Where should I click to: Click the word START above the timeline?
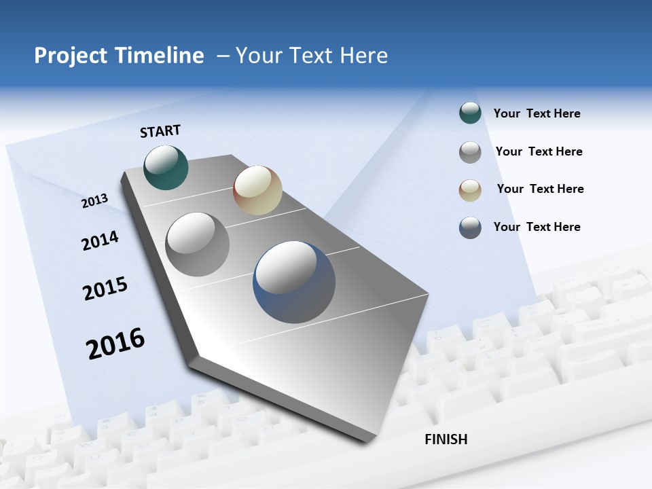coord(160,131)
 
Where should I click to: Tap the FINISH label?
coord(446,439)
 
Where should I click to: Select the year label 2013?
coord(94,200)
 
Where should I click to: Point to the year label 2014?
coord(100,240)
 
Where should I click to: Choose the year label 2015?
coord(105,289)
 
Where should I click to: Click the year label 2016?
coord(115,343)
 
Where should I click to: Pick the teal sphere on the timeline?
coord(166,167)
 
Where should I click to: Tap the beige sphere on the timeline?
coord(257,190)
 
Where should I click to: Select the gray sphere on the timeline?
coord(198,244)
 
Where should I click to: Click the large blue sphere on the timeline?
coord(294,282)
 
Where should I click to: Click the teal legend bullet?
coord(470,113)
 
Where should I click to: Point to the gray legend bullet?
coord(470,152)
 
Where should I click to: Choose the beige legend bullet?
coord(470,190)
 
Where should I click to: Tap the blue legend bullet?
coord(470,228)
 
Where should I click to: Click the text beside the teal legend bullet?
coord(537,113)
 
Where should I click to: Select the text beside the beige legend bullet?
coord(540,189)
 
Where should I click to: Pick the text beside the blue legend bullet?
coord(537,227)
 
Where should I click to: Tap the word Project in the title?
coord(71,56)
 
